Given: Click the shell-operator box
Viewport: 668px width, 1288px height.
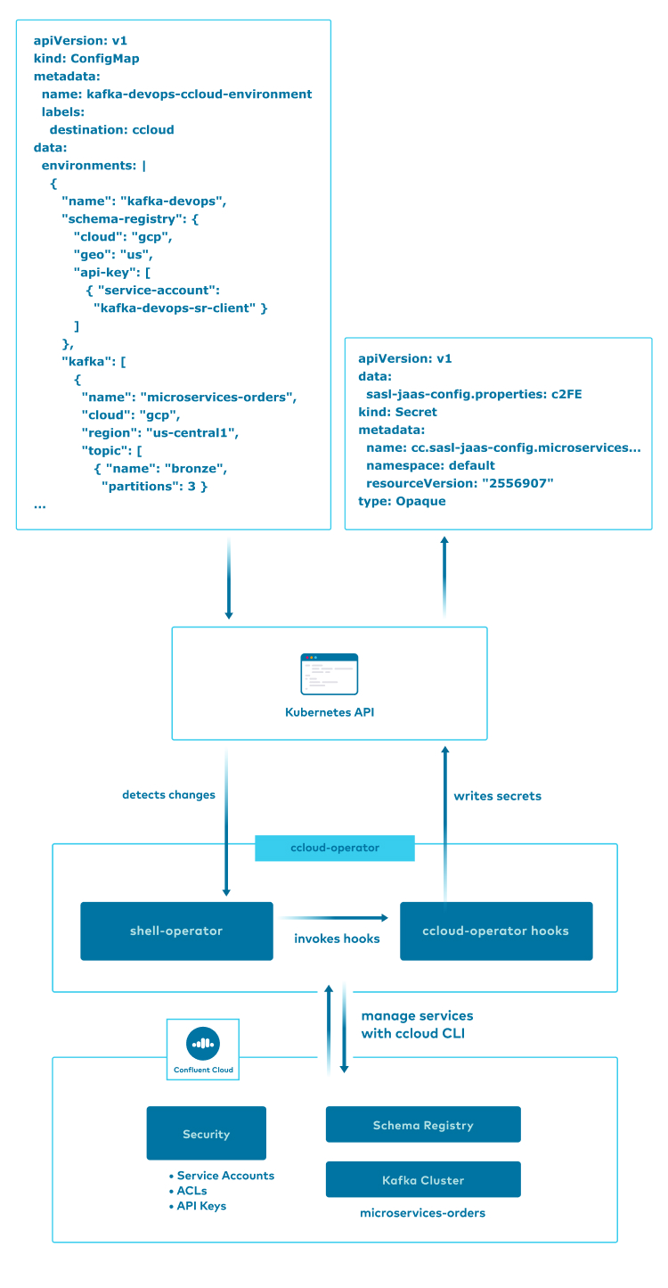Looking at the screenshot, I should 176,931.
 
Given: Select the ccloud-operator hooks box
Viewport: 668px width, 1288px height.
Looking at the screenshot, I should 496,931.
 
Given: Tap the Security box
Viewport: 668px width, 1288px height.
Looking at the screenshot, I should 206,1134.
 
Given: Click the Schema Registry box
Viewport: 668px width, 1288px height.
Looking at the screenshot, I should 423,1125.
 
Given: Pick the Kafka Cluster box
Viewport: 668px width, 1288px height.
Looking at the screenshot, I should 423,1179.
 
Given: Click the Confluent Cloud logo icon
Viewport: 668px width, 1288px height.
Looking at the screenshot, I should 203,1043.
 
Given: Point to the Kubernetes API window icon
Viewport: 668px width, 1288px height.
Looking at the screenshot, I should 330,674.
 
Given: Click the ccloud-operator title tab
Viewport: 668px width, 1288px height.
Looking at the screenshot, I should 335,848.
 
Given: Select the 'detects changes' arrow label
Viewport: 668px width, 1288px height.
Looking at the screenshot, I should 168,794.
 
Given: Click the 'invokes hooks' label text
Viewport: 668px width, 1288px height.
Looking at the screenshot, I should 337,939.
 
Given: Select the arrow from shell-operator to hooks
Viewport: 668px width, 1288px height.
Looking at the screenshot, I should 336,917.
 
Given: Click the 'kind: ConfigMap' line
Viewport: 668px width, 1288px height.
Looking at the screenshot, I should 86,59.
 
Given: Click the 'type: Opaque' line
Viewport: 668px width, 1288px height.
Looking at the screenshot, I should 402,501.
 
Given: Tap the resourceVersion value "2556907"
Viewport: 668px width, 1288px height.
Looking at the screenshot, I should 517,483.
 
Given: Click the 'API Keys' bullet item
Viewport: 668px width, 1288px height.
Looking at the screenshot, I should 201,1206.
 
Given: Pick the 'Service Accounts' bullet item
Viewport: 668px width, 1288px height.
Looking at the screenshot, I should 225,1176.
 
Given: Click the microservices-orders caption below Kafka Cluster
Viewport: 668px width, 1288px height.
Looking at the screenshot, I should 422,1213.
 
